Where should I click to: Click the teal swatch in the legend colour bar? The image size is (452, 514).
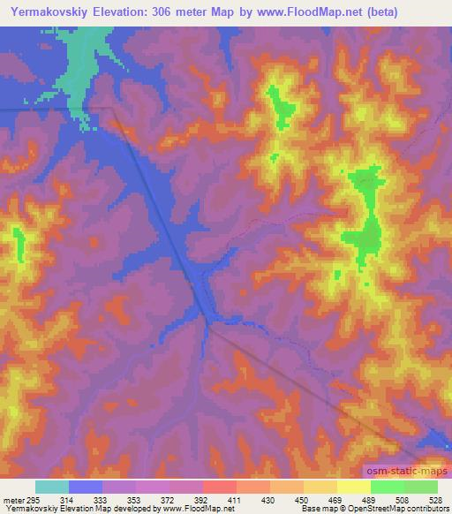coord(52,488)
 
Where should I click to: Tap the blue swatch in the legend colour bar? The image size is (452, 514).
coord(86,488)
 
